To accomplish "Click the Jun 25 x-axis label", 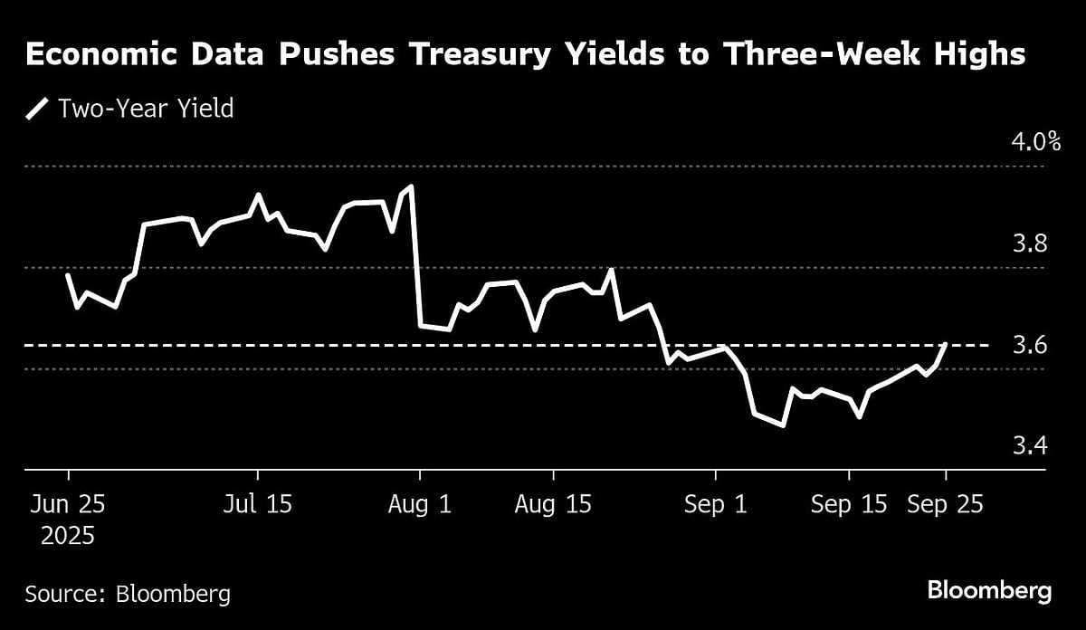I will point(68,504).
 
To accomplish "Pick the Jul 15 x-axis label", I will point(258,504).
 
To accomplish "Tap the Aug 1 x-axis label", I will point(419,504).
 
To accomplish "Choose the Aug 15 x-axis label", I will point(553,504).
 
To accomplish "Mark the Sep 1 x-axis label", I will point(716,504).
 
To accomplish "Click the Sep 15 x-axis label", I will point(849,504).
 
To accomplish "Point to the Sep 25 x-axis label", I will point(946,504).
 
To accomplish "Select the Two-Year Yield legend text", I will point(146,110).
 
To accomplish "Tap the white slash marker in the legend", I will point(37,110).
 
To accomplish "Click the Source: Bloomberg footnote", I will point(128,594).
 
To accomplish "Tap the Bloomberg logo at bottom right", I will point(989,592).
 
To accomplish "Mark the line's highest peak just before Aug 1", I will point(412,186).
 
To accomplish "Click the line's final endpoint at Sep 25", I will point(946,344).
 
